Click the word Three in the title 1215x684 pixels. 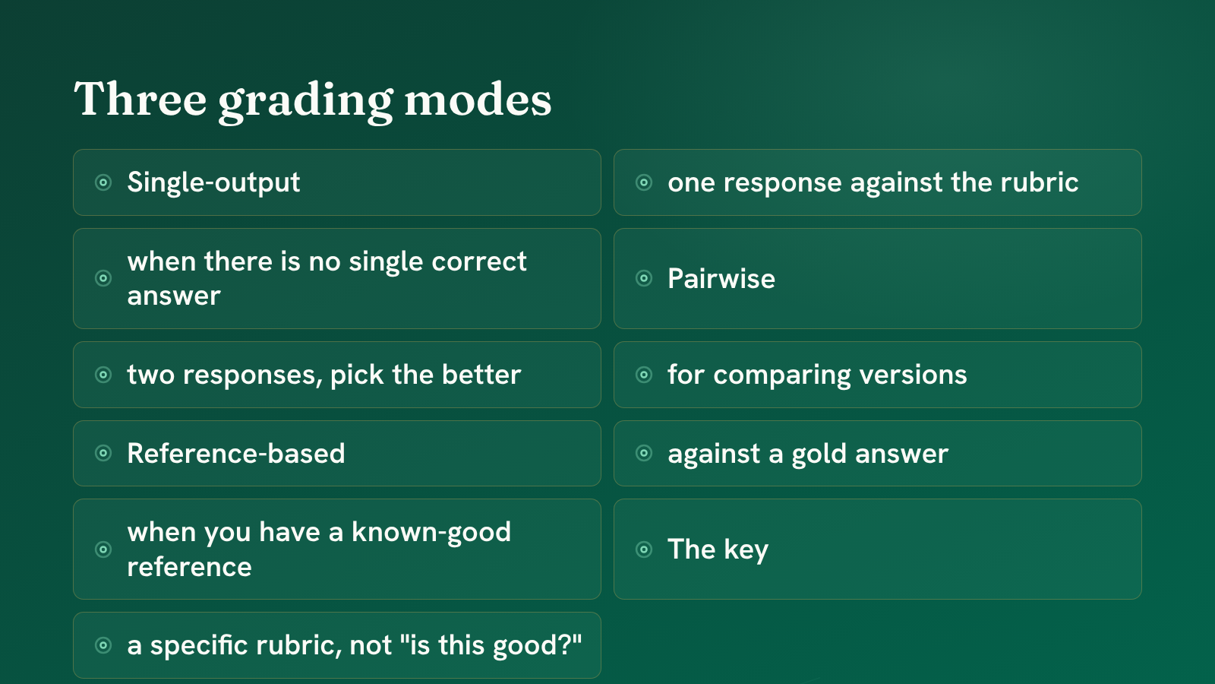140,99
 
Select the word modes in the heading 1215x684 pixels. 478,99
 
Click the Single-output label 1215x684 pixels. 213,182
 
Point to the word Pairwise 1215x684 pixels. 721,278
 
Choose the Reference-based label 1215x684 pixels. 236,453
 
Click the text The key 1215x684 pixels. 718,549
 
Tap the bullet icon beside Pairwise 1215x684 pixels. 644,278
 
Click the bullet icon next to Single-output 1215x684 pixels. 103,182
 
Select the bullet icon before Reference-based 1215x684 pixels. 103,453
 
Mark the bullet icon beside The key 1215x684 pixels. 644,549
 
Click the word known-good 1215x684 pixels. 431,532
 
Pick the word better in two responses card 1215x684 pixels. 481,375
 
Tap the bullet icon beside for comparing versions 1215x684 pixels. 644,375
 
